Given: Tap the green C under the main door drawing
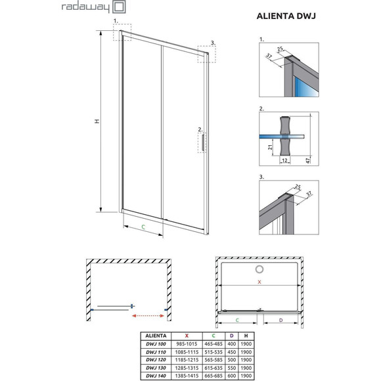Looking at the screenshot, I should [143, 227].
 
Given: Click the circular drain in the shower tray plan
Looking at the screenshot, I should [259, 269].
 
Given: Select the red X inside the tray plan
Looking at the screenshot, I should [259, 282].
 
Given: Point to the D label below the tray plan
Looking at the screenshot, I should [281, 321].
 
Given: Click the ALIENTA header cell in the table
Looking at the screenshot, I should [154, 335].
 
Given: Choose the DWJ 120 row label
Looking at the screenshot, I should [154, 359].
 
